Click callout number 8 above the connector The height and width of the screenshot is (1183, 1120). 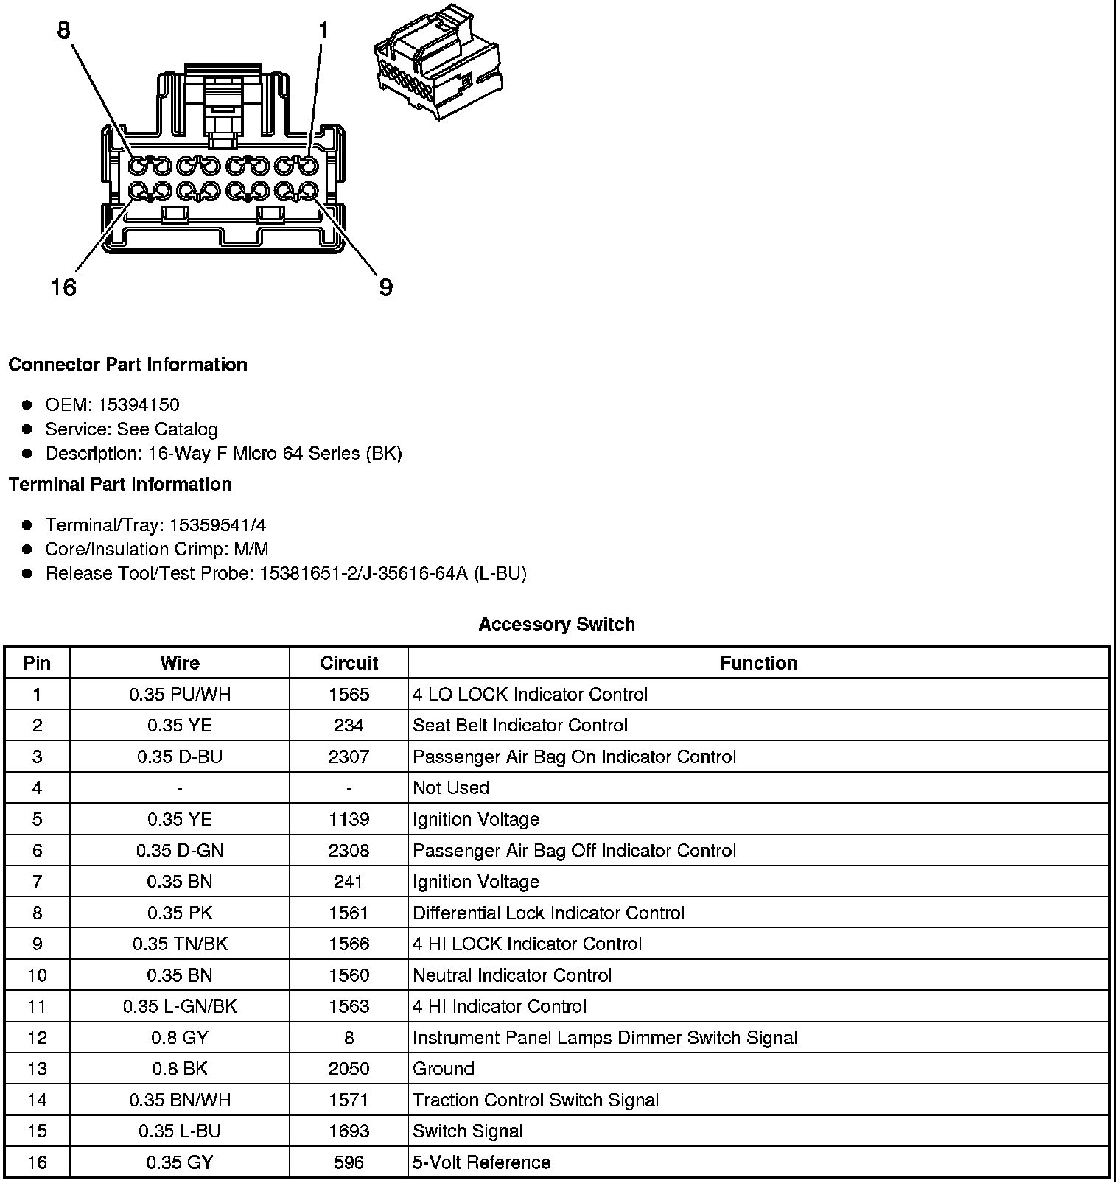click(x=64, y=30)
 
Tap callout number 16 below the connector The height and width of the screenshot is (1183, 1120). click(x=63, y=287)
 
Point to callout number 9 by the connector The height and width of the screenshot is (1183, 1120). click(x=385, y=287)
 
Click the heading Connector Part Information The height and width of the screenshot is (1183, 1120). click(x=127, y=365)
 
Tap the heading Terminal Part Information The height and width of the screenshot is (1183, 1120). click(x=120, y=484)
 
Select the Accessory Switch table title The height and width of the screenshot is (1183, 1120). click(x=556, y=625)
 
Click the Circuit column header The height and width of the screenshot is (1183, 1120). click(x=349, y=663)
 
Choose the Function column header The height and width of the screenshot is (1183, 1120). click(x=758, y=663)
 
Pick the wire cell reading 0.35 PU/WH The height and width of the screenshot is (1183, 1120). click(x=180, y=695)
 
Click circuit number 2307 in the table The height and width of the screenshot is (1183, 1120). click(x=349, y=757)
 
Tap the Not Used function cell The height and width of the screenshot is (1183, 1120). click(x=451, y=787)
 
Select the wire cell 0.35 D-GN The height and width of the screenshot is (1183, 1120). click(x=180, y=850)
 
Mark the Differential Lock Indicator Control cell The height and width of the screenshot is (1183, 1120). click(x=548, y=913)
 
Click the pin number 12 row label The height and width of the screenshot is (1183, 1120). click(x=37, y=1037)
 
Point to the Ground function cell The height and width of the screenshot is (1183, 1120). click(x=443, y=1068)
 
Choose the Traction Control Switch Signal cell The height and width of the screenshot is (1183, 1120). click(x=536, y=1100)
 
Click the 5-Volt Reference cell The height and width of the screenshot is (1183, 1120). click(x=481, y=1162)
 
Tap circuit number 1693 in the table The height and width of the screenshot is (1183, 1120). click(x=349, y=1131)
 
